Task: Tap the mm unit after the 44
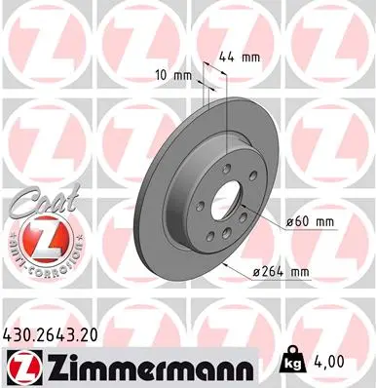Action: (x=252, y=58)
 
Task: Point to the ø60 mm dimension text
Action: (x=310, y=222)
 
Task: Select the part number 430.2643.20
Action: (x=58, y=334)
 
